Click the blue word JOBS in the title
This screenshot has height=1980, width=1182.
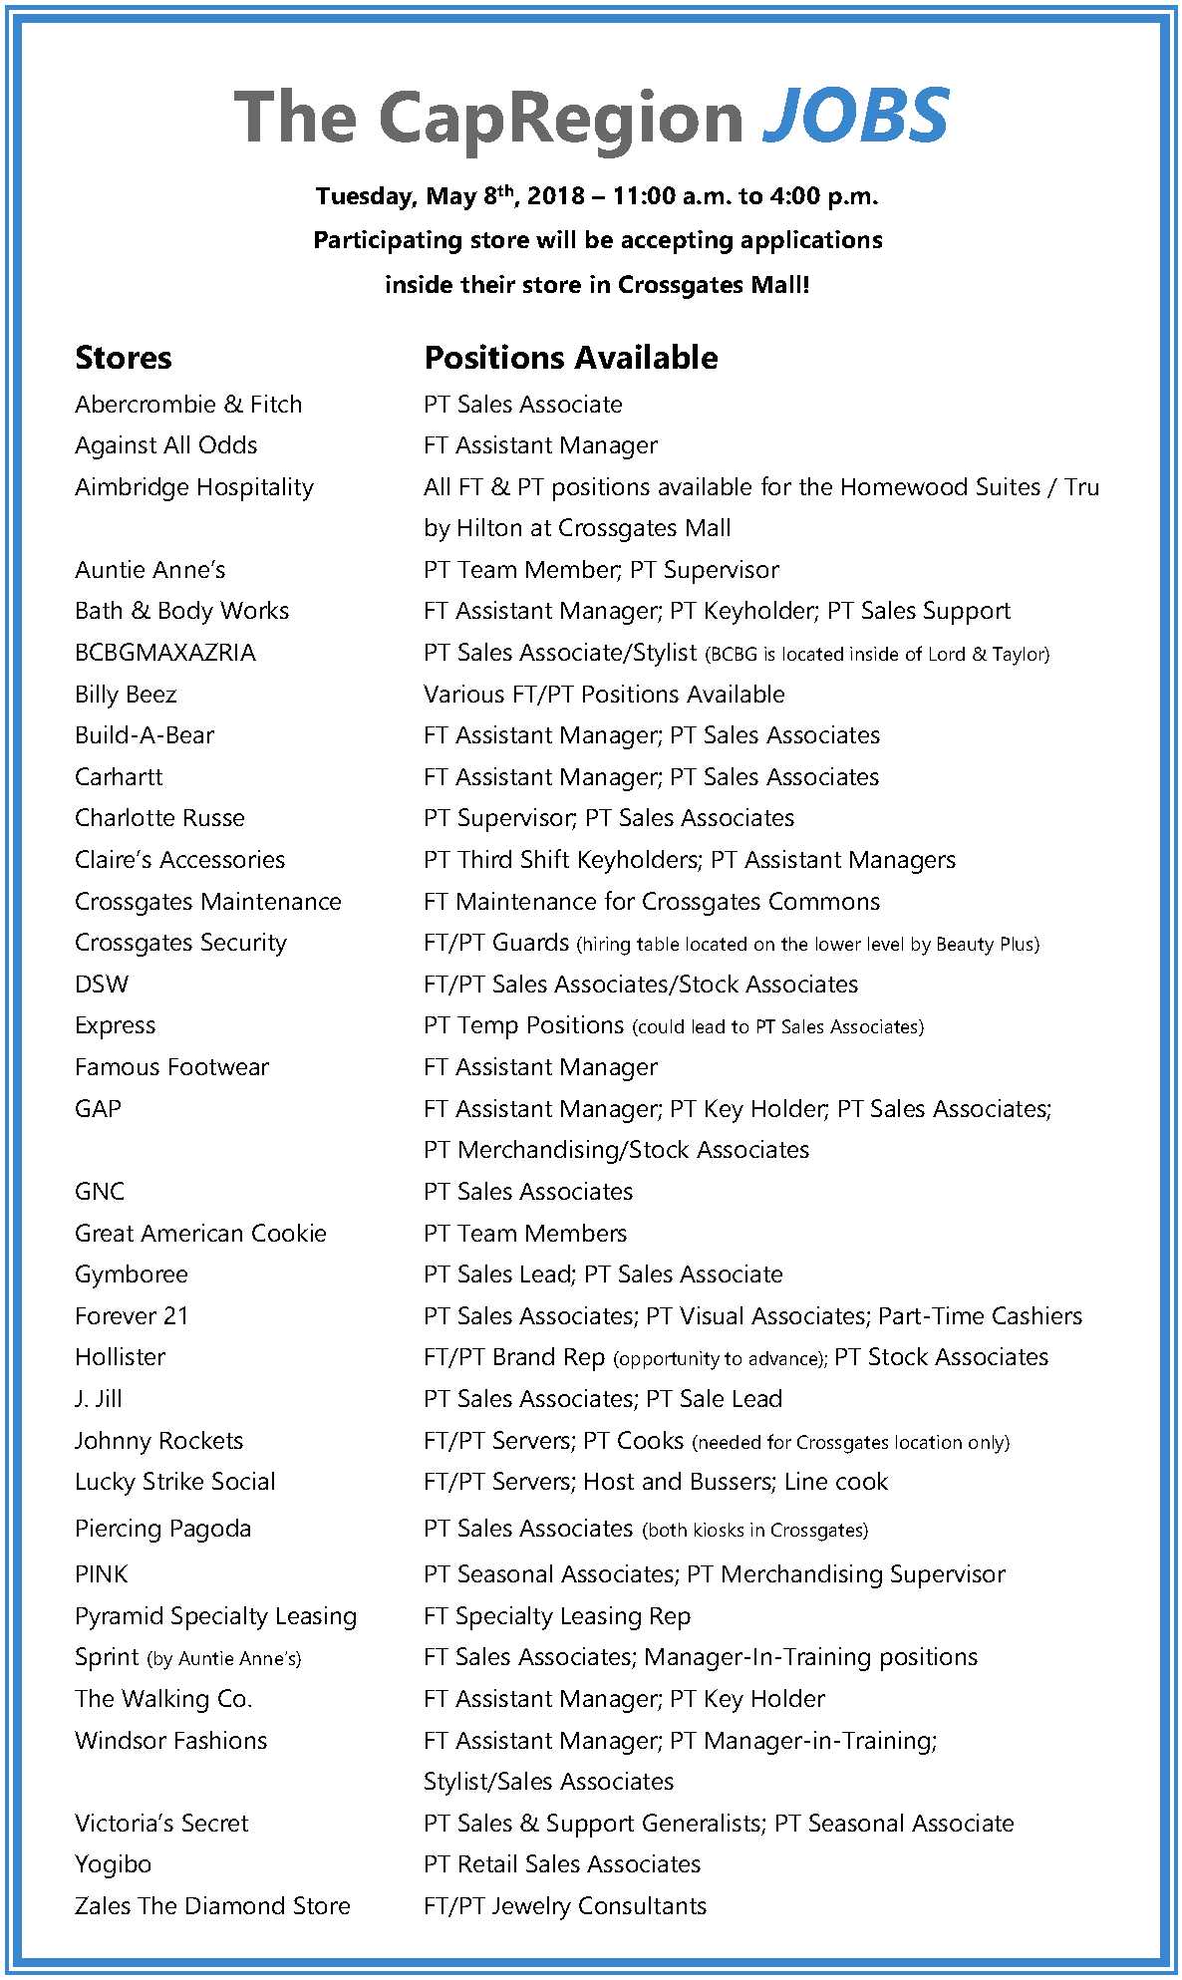[855, 116]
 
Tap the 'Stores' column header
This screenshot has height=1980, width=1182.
[124, 358]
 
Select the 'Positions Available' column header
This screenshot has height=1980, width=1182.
[570, 358]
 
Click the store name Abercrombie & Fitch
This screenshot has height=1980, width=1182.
[188, 405]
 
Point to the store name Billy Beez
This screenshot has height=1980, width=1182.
[126, 695]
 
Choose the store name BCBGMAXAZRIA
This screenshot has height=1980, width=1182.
[165, 653]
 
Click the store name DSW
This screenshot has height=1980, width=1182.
[102, 985]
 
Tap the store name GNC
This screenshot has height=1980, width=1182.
[100, 1192]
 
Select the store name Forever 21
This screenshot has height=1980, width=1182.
[132, 1316]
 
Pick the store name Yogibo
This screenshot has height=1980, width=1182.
[114, 1864]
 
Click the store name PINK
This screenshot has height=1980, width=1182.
[102, 1574]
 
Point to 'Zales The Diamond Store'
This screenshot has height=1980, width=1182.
[212, 1906]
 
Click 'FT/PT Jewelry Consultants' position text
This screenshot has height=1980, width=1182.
[565, 1906]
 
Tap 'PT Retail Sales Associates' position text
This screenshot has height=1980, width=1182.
[562, 1864]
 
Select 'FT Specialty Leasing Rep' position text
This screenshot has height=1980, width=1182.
[557, 1616]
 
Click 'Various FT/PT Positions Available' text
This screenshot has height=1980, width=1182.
[604, 695]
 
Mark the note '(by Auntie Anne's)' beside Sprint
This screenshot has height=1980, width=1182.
[224, 1659]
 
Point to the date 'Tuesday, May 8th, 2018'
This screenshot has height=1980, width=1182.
[457, 196]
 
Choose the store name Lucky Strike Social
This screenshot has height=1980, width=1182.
[175, 1482]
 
